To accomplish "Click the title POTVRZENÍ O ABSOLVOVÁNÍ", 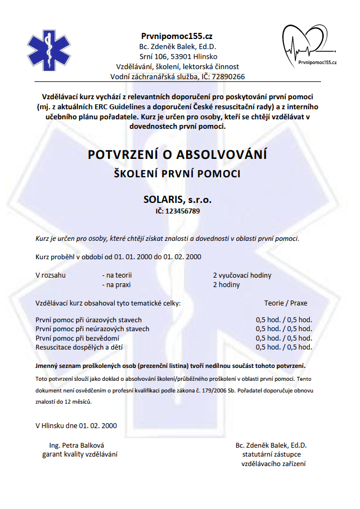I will click(177, 154).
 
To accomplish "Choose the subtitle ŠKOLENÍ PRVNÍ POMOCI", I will click(177, 174).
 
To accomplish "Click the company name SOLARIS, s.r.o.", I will click(177, 199).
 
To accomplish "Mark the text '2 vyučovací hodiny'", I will click(242, 275).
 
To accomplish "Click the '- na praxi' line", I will click(118, 285).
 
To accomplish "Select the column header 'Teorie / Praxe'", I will click(285, 303).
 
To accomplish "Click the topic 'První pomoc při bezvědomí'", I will click(77, 338).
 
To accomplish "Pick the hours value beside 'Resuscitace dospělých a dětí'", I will click(284, 347).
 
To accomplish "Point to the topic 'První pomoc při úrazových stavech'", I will click(88, 320).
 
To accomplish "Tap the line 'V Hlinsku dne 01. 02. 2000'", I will click(76, 425).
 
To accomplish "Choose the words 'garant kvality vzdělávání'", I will click(80, 454).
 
